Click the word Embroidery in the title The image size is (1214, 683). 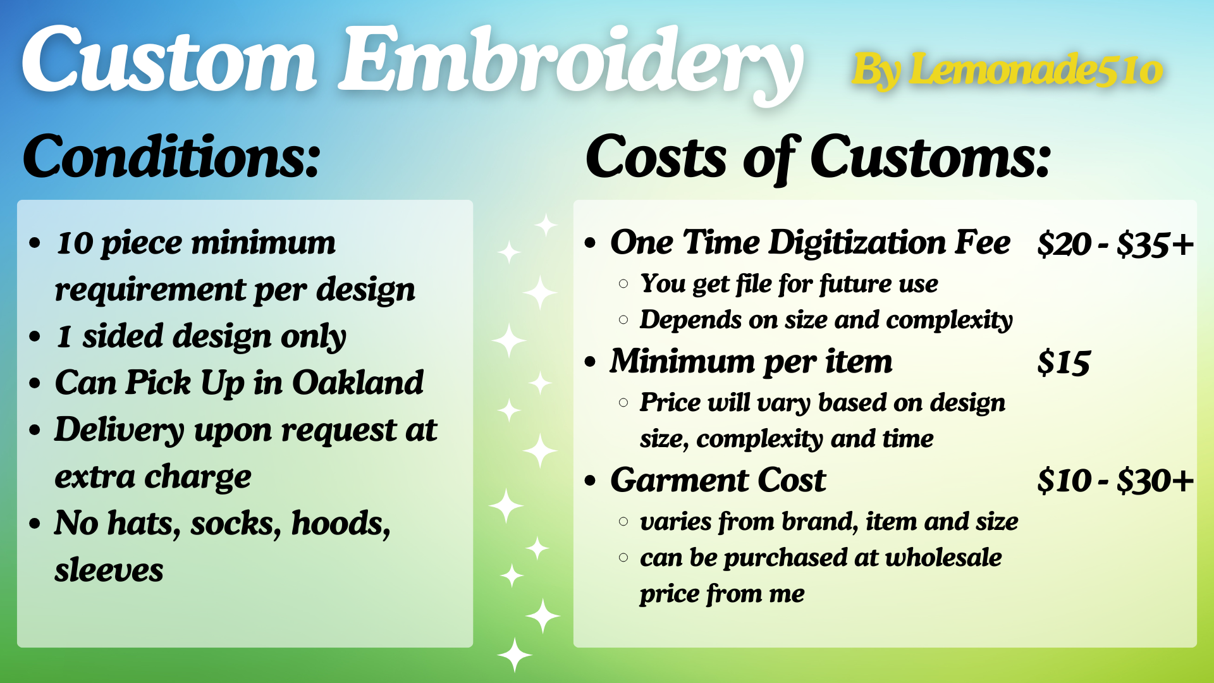(571, 63)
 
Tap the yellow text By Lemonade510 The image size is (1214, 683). (1007, 70)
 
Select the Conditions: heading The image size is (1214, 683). (171, 156)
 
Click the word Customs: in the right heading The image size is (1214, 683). (930, 156)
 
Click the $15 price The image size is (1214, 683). (1064, 362)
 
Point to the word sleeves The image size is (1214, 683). (109, 570)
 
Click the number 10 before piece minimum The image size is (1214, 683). (75, 243)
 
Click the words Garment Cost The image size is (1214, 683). (718, 480)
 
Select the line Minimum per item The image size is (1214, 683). (751, 362)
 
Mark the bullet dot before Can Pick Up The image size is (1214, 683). (35, 383)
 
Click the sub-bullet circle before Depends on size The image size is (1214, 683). (623, 320)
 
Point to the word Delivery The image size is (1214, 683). (120, 430)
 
